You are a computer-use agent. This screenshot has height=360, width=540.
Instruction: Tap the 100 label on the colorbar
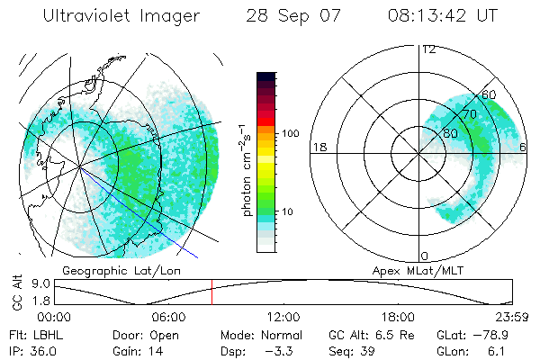289,133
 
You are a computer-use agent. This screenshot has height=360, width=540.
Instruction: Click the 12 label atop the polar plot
428,49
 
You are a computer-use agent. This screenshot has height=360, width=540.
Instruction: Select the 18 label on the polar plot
318,147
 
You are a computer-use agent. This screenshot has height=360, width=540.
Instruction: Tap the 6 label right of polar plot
524,147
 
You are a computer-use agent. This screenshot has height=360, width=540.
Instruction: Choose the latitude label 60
489,94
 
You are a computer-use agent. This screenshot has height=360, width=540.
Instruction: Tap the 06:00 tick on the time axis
169,317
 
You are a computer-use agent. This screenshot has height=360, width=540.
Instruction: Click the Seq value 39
364,349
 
